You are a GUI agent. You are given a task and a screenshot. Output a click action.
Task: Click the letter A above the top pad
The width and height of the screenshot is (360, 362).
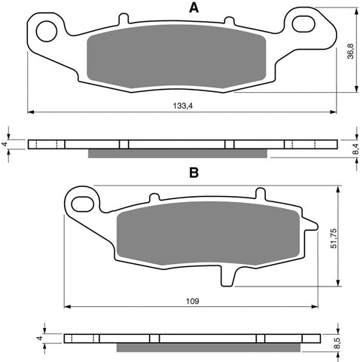[x=194, y=8]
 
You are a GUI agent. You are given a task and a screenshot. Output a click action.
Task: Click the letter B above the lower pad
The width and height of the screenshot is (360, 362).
[x=194, y=173]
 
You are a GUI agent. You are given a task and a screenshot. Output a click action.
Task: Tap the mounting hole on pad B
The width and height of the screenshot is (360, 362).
[x=82, y=201]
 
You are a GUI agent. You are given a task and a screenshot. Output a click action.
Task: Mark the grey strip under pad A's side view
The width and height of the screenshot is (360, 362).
[x=178, y=154]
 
